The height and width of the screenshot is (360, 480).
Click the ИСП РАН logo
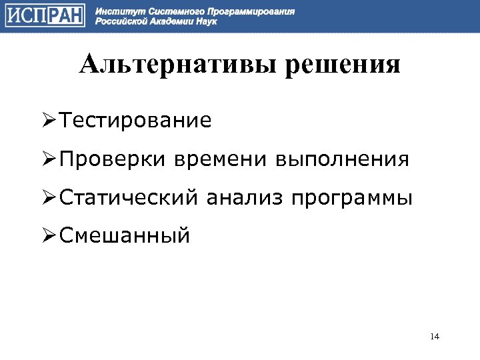[x=45, y=16]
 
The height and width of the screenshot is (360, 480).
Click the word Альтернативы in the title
[x=177, y=65]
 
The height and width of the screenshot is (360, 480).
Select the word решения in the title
[x=343, y=65]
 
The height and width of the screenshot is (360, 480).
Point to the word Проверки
[x=113, y=159]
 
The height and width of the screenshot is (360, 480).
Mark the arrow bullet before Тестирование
[x=49, y=121]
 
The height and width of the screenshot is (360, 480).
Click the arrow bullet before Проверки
[x=49, y=160]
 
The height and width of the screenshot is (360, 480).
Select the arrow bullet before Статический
[x=49, y=198]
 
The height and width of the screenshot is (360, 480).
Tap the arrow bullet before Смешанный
[x=49, y=236]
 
